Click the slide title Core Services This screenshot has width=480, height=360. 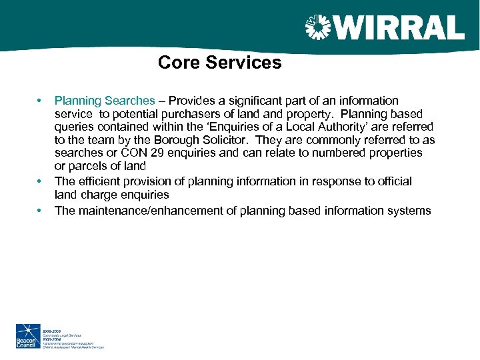[x=220, y=63]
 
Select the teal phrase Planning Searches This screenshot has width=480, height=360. [x=104, y=101]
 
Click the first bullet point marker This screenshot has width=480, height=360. [x=40, y=101]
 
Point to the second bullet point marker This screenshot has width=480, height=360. [x=40, y=181]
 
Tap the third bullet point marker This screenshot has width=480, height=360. [x=40, y=211]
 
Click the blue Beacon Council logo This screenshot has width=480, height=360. [x=28, y=335]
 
